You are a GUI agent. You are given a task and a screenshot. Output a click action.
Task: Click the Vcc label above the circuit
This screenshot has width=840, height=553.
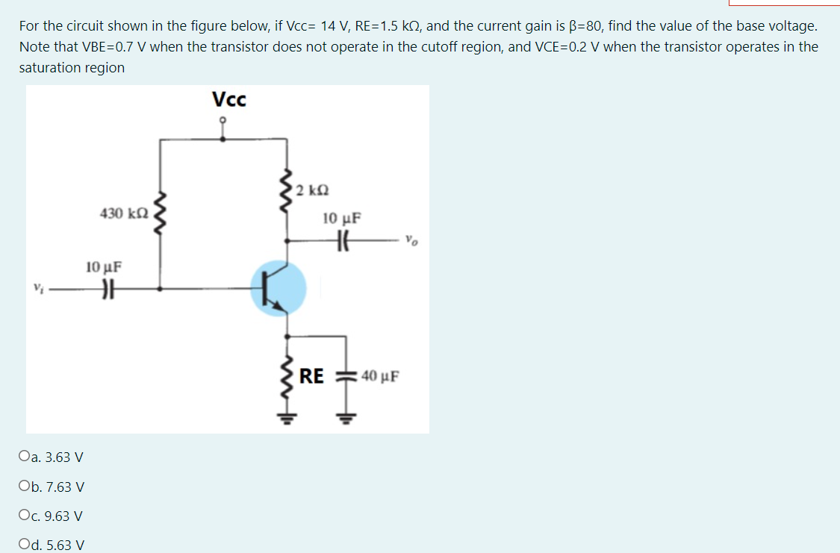click(x=228, y=99)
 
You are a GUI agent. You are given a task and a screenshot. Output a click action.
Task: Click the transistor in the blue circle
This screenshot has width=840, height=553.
click(x=278, y=288)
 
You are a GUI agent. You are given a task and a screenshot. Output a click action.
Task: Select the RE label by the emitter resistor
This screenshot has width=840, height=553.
click(x=312, y=376)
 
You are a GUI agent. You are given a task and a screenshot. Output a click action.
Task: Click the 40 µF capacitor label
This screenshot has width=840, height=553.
click(x=379, y=376)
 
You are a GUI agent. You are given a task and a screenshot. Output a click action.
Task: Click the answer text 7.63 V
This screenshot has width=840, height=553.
click(x=65, y=487)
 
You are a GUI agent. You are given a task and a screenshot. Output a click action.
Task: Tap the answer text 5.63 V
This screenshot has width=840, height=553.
click(x=65, y=546)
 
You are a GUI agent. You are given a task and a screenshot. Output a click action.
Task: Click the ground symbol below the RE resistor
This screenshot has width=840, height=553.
click(x=285, y=419)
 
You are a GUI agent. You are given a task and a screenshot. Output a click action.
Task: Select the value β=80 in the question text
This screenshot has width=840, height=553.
click(x=588, y=26)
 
